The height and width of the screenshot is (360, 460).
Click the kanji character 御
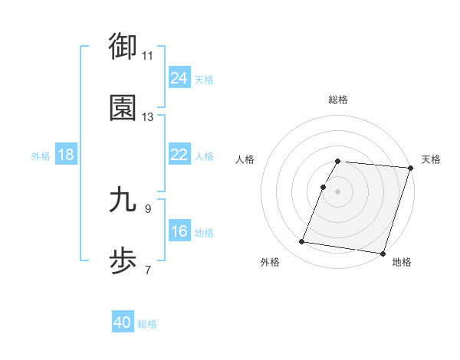(x=123, y=47)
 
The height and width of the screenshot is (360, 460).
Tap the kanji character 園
(x=123, y=109)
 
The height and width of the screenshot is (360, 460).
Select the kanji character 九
(x=123, y=200)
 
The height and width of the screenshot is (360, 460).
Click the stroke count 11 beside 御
(x=148, y=55)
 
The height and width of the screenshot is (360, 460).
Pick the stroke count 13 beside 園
(x=148, y=117)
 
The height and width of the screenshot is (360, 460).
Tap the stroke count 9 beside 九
(x=148, y=208)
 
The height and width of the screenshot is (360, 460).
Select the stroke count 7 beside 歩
(x=148, y=270)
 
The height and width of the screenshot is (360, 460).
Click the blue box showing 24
(x=179, y=78)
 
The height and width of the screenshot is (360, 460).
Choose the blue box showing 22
(x=179, y=155)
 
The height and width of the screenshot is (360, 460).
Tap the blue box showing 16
(x=179, y=231)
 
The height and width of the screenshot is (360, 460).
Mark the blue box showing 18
(x=66, y=155)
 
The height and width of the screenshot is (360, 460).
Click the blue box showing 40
(x=123, y=322)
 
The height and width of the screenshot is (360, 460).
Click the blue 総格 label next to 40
(x=147, y=324)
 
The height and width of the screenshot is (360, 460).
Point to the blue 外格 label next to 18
(x=41, y=156)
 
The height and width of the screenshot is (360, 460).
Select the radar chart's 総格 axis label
(x=338, y=100)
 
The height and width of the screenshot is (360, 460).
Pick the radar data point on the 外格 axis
(x=302, y=242)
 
